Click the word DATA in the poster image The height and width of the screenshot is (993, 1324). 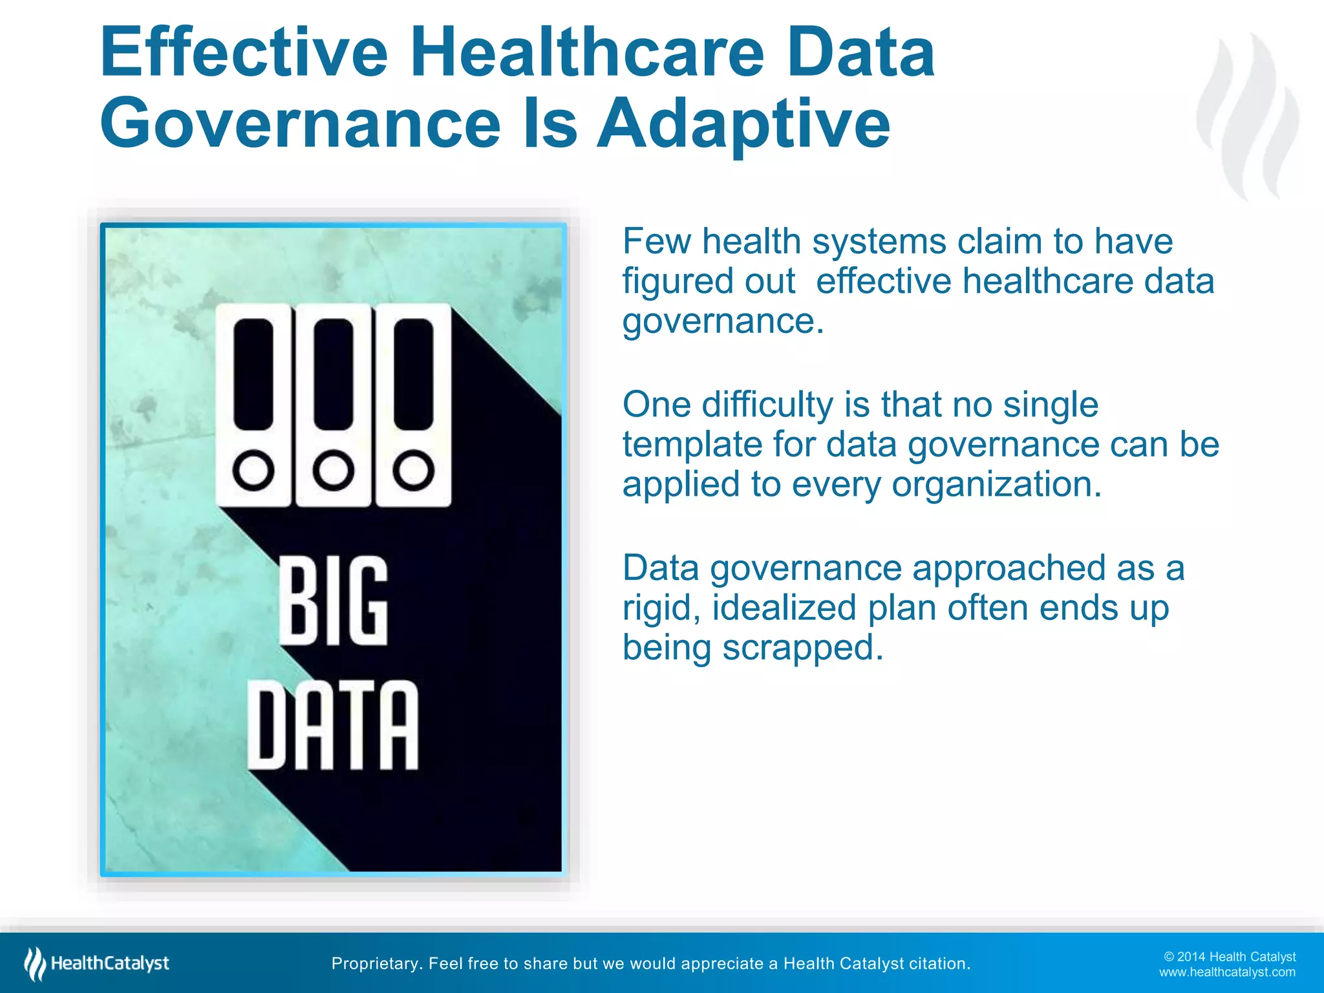(x=334, y=725)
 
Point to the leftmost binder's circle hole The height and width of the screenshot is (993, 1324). (x=253, y=470)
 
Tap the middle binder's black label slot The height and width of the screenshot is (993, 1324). (x=334, y=374)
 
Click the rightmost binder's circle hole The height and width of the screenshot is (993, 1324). (x=413, y=470)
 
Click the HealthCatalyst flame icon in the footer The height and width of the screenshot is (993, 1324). (x=34, y=963)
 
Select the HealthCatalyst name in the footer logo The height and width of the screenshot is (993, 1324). (x=110, y=963)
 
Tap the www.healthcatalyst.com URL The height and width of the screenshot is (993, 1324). (x=1226, y=972)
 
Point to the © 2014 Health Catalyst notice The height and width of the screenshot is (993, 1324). (x=1229, y=957)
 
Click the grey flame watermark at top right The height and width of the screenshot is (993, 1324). (x=1248, y=116)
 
